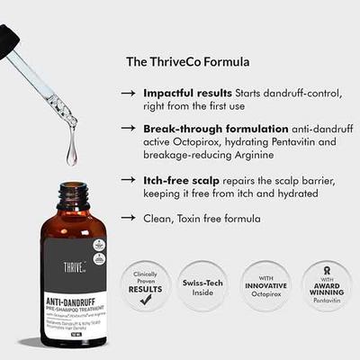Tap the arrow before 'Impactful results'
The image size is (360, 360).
tap(130, 94)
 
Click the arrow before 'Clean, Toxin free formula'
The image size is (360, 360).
tap(130, 218)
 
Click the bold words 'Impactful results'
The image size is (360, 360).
tap(186, 93)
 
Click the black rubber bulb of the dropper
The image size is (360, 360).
tap(7, 38)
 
